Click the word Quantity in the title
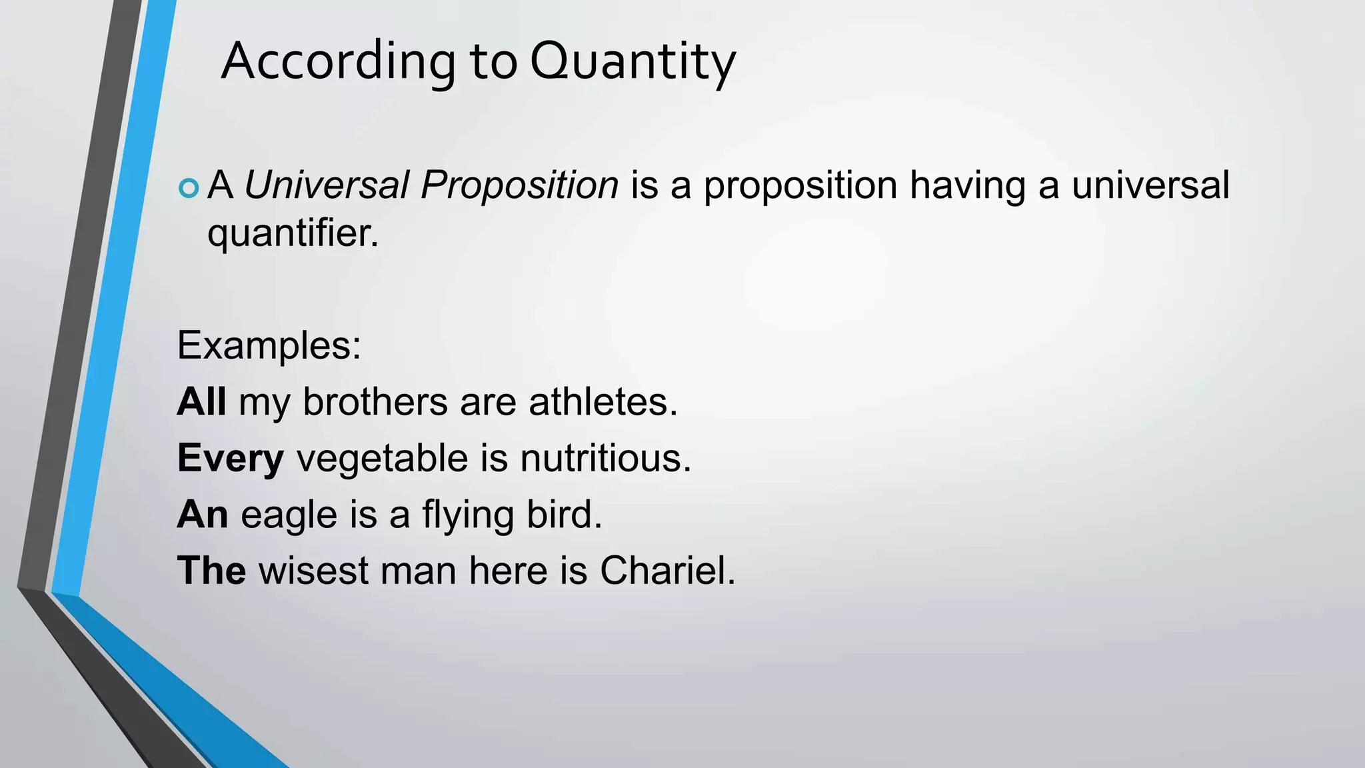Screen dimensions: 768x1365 pyautogui.click(x=633, y=61)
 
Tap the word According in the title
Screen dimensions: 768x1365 pyautogui.click(x=338, y=61)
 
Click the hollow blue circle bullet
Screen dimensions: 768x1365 pyautogui.click(x=189, y=188)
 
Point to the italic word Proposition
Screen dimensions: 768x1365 pyautogui.click(x=519, y=185)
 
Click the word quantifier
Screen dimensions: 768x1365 pyautogui.click(x=292, y=233)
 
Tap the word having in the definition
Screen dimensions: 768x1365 pyautogui.click(x=967, y=185)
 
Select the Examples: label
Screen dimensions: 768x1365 pyautogui.click(x=269, y=345)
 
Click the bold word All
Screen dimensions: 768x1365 pyautogui.click(x=201, y=402)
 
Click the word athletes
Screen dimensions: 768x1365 pyautogui.click(x=603, y=402)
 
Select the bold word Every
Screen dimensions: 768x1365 pyautogui.click(x=231, y=459)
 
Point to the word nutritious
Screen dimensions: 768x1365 pyautogui.click(x=605, y=459)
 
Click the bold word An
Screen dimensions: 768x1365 pyautogui.click(x=203, y=515)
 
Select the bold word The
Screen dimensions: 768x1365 pyautogui.click(x=211, y=571)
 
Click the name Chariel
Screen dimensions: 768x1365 pyautogui.click(x=667, y=571)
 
